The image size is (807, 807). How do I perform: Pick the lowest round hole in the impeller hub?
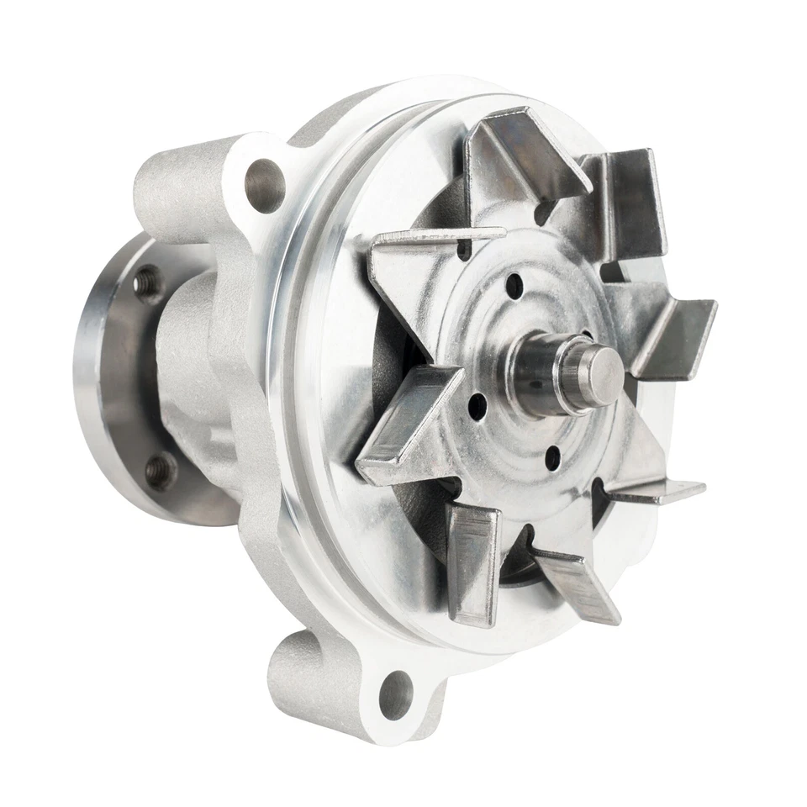click(552, 458)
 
